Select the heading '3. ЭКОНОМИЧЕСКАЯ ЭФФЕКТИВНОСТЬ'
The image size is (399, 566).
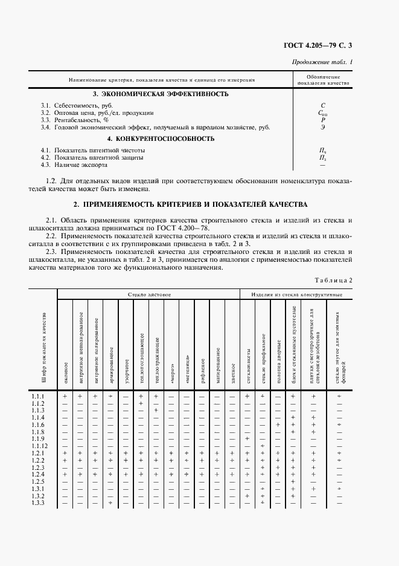click(161, 94)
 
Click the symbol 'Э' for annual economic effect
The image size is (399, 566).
click(323, 128)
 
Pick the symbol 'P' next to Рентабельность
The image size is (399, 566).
click(323, 120)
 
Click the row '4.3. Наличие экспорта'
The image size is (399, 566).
click(74, 164)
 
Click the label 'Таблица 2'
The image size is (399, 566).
click(334, 279)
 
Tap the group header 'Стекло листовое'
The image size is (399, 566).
click(149, 294)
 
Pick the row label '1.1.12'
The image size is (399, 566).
click(39, 446)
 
